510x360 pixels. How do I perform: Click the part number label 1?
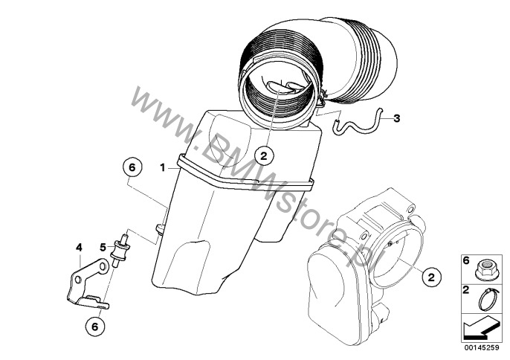pyautogui.click(x=162, y=168)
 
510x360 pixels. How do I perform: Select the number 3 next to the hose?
pyautogui.click(x=396, y=118)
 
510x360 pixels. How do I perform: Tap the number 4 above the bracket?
pyautogui.click(x=79, y=248)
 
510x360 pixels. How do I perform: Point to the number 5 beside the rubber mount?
pyautogui.click(x=103, y=248)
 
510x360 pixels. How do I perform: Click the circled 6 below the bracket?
pyautogui.click(x=94, y=327)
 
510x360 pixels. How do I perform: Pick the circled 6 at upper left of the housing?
pyautogui.click(x=132, y=167)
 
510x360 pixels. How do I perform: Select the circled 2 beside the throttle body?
pyautogui.click(x=431, y=277)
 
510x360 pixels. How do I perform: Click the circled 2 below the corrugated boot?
pyautogui.click(x=264, y=156)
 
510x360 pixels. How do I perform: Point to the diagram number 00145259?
pyautogui.click(x=482, y=347)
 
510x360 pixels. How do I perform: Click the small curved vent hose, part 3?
pyautogui.click(x=358, y=125)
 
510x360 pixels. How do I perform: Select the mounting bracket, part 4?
pyautogui.click(x=87, y=283)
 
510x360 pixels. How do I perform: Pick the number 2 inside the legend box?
pyautogui.click(x=466, y=290)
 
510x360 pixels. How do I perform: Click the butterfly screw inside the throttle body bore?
pyautogui.click(x=390, y=243)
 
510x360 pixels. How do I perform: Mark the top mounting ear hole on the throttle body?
pyautogui.click(x=410, y=209)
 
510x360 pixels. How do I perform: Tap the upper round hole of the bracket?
pyautogui.click(x=103, y=266)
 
